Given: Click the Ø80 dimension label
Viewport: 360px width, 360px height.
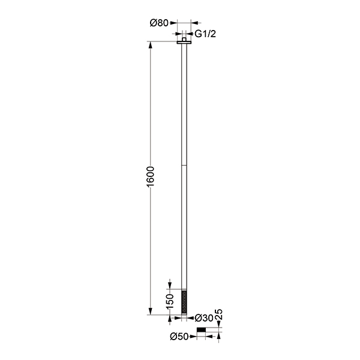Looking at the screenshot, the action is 159,23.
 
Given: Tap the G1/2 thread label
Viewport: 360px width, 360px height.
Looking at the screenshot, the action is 205,34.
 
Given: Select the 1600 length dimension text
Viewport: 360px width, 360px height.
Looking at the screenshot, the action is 151,176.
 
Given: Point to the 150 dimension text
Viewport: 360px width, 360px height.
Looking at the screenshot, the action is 170,301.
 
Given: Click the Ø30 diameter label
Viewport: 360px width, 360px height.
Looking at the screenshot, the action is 204,318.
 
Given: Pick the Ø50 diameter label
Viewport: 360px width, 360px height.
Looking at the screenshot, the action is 179,337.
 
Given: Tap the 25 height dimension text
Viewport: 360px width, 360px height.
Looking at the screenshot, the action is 219,314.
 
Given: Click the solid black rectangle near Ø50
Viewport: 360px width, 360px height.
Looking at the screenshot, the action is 202,330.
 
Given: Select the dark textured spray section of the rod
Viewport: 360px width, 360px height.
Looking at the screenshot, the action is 184,302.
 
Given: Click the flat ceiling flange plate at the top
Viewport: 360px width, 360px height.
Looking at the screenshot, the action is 184,43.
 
